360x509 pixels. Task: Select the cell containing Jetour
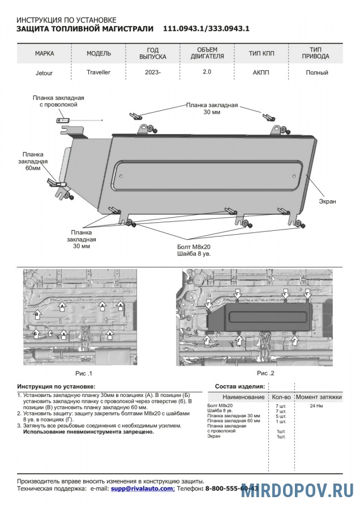coord(45,72)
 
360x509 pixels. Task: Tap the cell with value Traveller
coord(98,72)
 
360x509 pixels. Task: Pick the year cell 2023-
coord(153,72)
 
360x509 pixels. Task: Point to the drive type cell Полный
coord(316,72)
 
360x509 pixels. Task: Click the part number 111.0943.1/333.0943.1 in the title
coord(206,28)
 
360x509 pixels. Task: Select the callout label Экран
coord(327,201)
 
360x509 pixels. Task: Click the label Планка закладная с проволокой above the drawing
coord(55,101)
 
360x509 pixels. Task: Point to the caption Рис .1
coord(83,373)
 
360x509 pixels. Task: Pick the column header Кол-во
coord(281,397)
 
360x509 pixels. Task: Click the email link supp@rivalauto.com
coord(142,488)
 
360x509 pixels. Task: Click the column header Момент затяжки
coord(319,397)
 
